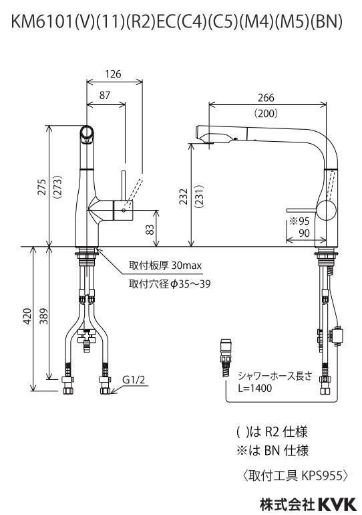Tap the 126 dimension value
click(x=113, y=74)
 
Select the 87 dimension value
click(x=105, y=95)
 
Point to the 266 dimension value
click(x=266, y=98)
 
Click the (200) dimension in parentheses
click(x=266, y=113)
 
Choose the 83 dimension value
click(x=150, y=229)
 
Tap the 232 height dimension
click(x=184, y=196)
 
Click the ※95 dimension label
click(x=299, y=221)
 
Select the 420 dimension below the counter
click(x=28, y=316)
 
